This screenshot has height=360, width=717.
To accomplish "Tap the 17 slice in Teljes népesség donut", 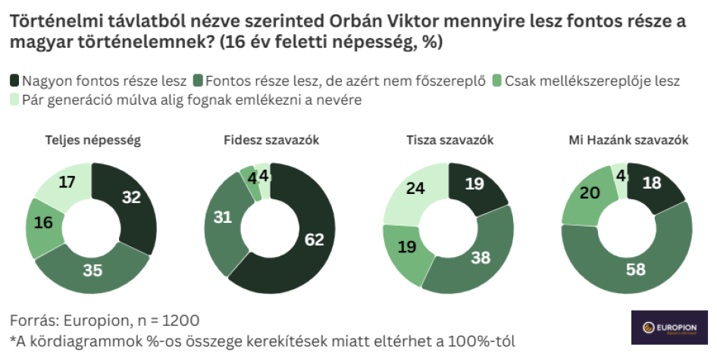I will coord(66,183).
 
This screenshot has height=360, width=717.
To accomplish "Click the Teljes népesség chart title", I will coord(92,140).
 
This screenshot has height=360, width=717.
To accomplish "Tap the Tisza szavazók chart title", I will coord(450,140).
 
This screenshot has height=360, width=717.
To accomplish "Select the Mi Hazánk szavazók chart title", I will coord(628,140).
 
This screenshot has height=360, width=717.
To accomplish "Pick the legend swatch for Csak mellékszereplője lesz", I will coord(497,80).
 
